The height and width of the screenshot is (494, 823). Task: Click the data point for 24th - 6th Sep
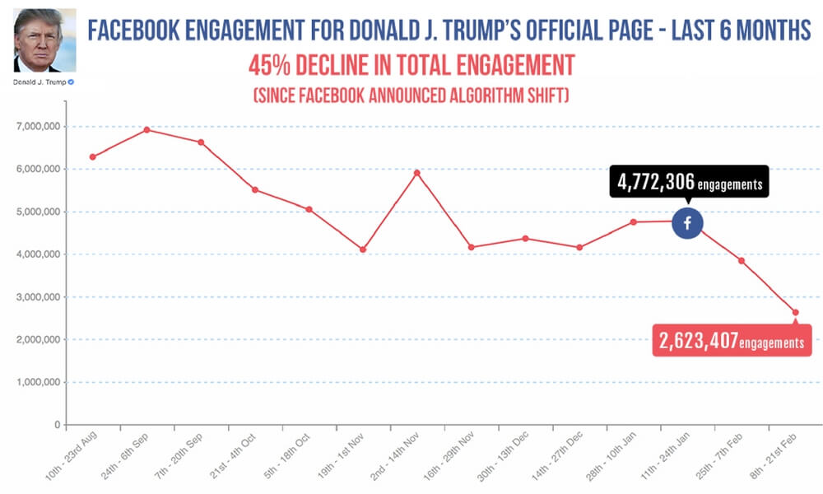146,129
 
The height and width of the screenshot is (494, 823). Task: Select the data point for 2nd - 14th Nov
417,173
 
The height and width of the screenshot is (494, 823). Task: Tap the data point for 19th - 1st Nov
363,249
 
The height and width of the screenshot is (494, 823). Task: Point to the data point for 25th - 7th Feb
742,261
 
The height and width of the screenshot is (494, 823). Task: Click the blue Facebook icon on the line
687,222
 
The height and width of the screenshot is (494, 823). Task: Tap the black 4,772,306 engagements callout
688,184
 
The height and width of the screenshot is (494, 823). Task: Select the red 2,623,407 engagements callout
732,342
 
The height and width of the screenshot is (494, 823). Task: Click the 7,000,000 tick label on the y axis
39,127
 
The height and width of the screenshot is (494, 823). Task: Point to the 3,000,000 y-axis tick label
39,297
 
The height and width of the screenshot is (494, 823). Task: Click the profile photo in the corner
45,40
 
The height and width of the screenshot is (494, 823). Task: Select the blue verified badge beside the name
71,83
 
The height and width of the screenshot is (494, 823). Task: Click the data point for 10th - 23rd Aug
92,157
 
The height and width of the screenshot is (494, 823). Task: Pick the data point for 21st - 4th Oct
255,189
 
